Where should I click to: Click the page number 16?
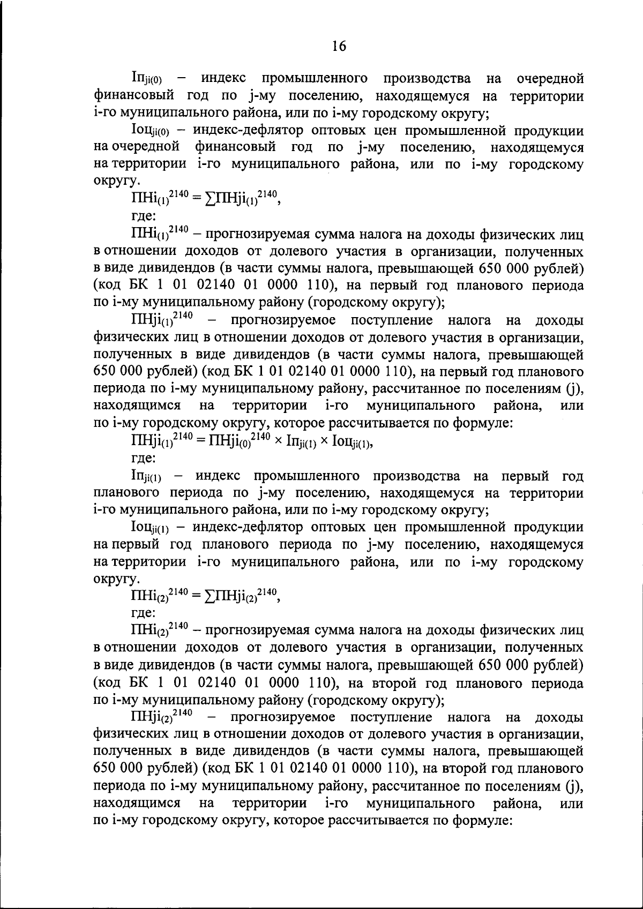(x=339, y=46)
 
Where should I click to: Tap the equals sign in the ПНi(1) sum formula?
(x=196, y=199)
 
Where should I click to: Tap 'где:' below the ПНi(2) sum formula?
(x=144, y=612)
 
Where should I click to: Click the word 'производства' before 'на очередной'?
(x=427, y=79)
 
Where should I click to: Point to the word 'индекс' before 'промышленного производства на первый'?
(x=217, y=476)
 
